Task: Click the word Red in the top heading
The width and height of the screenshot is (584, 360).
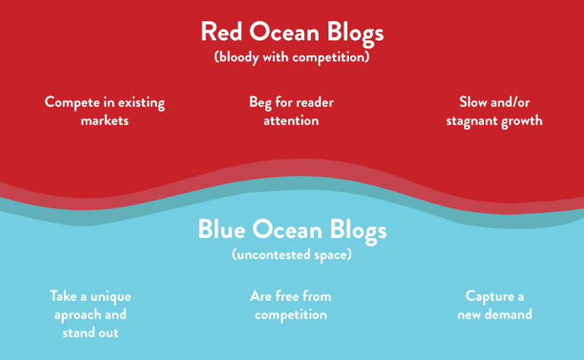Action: pos(222,33)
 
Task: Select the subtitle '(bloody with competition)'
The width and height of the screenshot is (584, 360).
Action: pos(292,56)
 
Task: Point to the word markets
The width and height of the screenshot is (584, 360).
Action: pos(105,121)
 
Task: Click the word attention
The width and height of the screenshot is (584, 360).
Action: pos(291,121)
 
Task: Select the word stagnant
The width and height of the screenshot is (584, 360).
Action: pos(473,121)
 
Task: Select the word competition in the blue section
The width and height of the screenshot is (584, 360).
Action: pos(291,314)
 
